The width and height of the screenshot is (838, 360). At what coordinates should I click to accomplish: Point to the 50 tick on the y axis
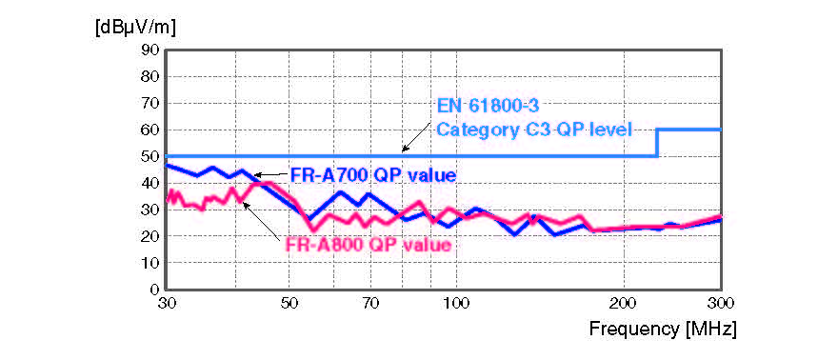pos(150,156)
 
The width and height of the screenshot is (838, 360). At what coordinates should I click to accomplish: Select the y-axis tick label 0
pos(153,289)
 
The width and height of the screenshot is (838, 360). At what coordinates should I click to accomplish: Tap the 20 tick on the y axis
pos(150,235)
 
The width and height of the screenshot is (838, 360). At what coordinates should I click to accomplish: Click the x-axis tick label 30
pos(166,303)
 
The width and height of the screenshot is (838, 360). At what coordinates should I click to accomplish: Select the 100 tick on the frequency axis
pos(457,303)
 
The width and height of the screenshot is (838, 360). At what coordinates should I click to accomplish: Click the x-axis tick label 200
pos(624,303)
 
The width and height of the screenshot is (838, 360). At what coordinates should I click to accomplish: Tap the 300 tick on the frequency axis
pos(721,303)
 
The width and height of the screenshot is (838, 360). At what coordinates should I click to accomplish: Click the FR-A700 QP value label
pos(372,175)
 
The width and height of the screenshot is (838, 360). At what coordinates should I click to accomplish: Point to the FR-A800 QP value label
pos(367,244)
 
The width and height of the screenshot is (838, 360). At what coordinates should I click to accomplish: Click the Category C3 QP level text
pos(533,129)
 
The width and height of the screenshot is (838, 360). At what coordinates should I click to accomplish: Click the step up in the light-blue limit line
pos(658,143)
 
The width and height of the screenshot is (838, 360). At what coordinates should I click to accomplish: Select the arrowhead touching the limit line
pos(405,150)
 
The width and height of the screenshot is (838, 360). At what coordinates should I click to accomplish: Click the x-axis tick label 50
pos(289,303)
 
